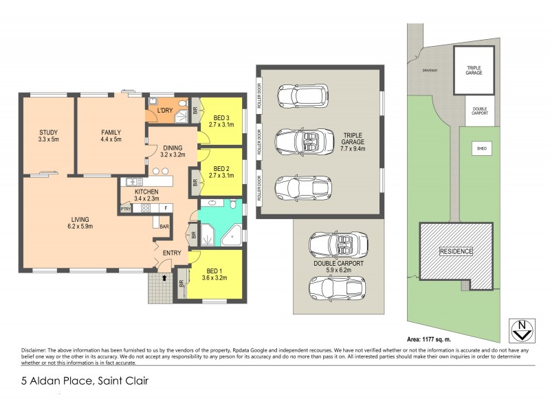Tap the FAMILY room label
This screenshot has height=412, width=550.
[111, 136]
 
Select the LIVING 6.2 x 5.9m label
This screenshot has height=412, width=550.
[80, 222]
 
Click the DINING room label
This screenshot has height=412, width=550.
[173, 150]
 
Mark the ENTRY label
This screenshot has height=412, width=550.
[171, 253]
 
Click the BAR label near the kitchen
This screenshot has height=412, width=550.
[164, 226]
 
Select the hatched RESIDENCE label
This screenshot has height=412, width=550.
[456, 251]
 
